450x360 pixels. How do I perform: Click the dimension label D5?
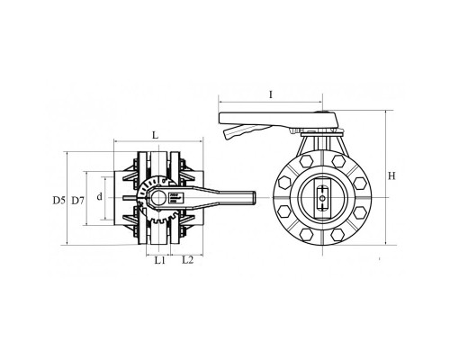58,200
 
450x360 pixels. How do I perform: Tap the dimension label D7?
77,200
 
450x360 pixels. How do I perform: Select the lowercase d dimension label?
100,197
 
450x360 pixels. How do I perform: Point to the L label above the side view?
155,135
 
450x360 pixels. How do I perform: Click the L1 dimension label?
160,260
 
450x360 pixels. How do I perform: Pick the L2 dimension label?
188,260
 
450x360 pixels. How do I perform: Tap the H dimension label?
391,175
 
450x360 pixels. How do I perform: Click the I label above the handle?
271,94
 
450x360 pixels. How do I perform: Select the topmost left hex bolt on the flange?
306,161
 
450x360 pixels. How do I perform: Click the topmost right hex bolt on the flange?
338,161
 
